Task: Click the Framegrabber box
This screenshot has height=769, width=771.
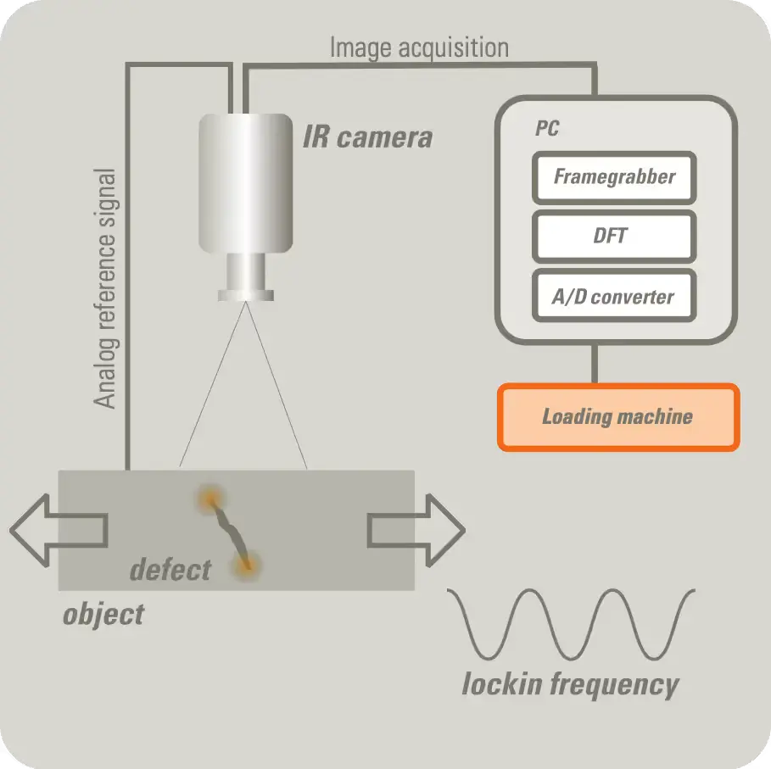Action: [614, 177]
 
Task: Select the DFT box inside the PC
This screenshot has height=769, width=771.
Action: [614, 235]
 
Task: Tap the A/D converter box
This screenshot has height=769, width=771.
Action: [614, 296]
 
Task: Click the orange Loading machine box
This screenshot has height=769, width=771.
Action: [617, 416]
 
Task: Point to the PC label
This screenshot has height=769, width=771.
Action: [547, 129]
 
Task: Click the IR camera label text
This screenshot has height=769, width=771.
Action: [367, 137]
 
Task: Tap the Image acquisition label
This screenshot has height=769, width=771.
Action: [419, 47]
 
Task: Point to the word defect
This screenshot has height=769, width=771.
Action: [170, 569]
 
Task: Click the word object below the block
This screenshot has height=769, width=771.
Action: [103, 613]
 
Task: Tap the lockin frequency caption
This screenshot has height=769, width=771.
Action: [570, 683]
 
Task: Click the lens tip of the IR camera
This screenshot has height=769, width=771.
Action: [246, 294]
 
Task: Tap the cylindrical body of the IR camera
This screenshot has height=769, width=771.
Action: [246, 182]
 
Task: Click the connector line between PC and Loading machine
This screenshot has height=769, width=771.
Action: [595, 364]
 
